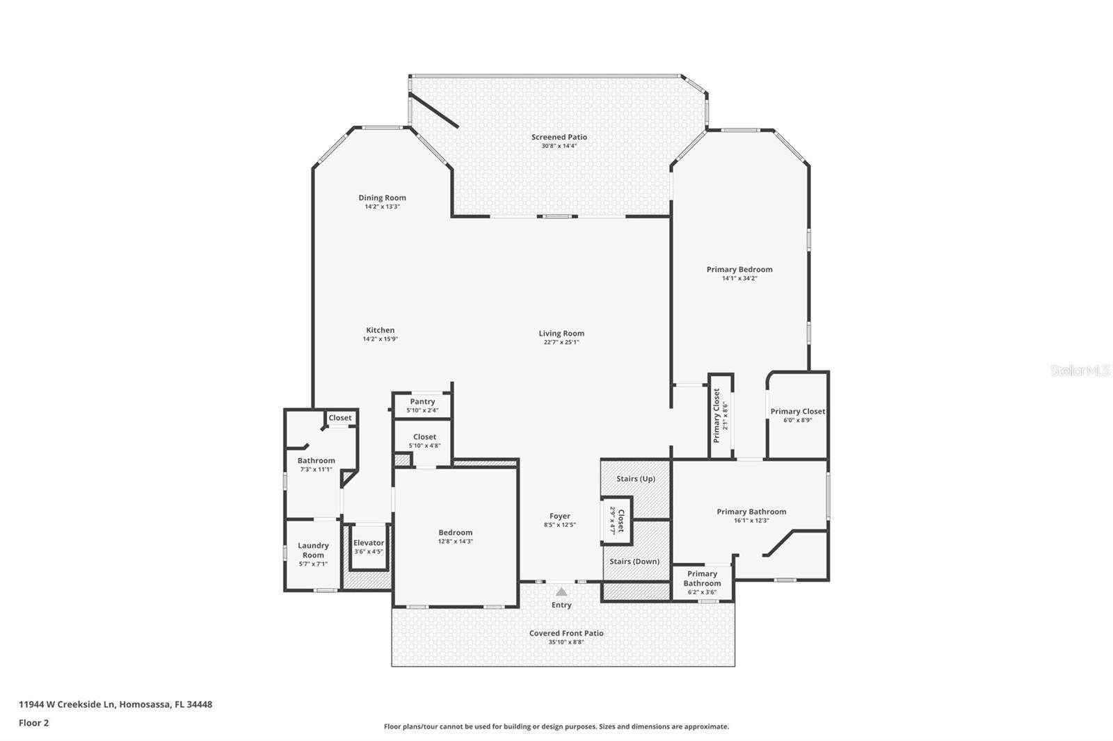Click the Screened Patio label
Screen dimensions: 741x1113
(x=559, y=137)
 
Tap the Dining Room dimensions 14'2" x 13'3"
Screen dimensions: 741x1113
(x=382, y=206)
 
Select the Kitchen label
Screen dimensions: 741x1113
(x=380, y=330)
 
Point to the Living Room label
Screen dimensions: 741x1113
(x=561, y=333)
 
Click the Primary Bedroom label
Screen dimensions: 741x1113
(x=739, y=269)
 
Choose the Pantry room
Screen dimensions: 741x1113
(x=422, y=405)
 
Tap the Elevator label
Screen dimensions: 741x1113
(x=368, y=543)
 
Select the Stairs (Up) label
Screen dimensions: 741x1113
(x=635, y=479)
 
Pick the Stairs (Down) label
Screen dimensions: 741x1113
(x=634, y=561)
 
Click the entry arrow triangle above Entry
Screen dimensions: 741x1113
(x=561, y=592)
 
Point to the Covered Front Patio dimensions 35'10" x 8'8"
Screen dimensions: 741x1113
(x=566, y=642)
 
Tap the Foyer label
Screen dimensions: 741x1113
(x=559, y=516)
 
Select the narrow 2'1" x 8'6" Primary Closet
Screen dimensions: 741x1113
(x=720, y=416)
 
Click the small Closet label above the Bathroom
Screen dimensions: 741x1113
(x=340, y=418)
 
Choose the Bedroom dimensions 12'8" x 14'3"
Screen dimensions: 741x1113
(x=455, y=541)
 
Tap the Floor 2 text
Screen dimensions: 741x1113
(x=33, y=723)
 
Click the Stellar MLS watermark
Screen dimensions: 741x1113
(x=1080, y=371)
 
